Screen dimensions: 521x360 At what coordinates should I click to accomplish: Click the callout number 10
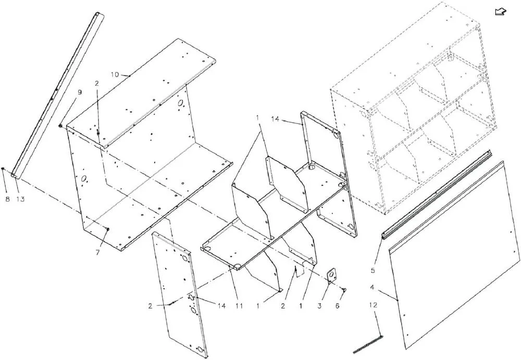[115, 75]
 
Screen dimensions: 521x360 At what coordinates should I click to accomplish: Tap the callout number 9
[79, 92]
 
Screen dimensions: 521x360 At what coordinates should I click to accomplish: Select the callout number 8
[7, 199]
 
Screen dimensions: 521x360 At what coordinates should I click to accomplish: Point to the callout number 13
[21, 199]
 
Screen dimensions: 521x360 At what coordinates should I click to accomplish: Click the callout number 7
[97, 253]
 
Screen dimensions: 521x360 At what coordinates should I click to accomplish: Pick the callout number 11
[239, 306]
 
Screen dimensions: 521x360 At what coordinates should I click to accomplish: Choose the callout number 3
[319, 306]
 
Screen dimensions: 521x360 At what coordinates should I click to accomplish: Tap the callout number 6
[337, 306]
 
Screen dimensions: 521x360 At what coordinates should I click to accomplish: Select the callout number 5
[373, 270]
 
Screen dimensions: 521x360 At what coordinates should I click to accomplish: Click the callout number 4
[372, 287]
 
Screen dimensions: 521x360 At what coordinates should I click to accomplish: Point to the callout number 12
[373, 305]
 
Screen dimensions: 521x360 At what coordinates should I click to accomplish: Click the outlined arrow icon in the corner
[500, 12]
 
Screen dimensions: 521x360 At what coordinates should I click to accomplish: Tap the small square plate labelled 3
[331, 275]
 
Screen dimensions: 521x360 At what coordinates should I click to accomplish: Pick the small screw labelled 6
[344, 290]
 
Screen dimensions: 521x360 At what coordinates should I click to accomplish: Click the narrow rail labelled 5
[437, 194]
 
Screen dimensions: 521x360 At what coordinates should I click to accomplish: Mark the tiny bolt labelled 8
[3, 169]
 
